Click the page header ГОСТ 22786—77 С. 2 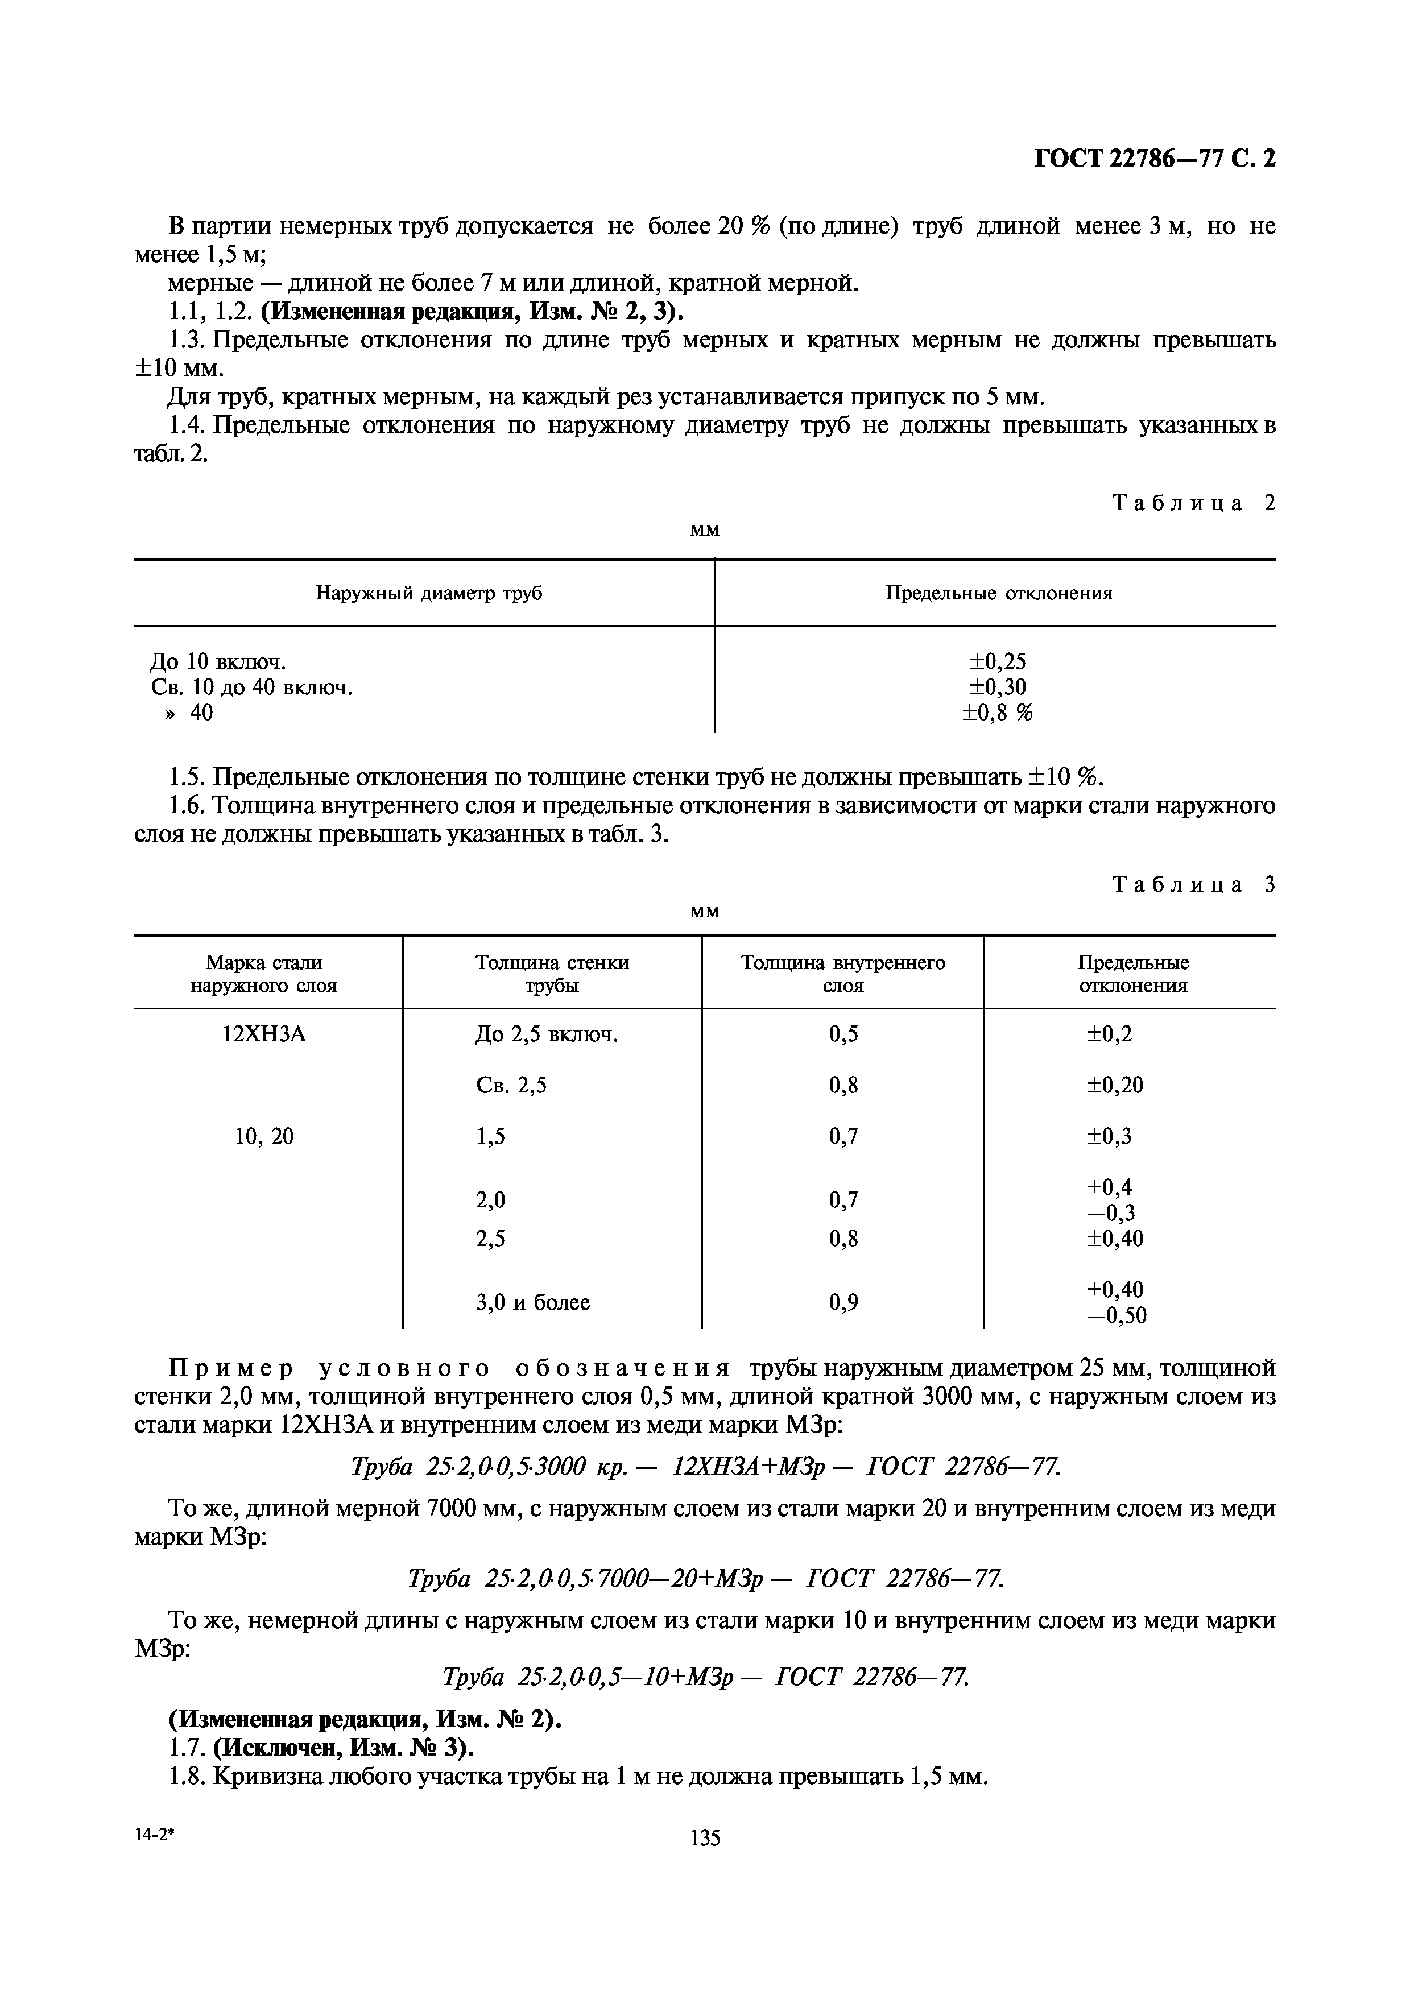[x=1155, y=160]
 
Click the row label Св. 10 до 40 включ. [x=251, y=688]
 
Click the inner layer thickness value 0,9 [x=843, y=1302]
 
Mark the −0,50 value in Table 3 [x=1117, y=1317]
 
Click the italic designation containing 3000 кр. [x=705, y=1468]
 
